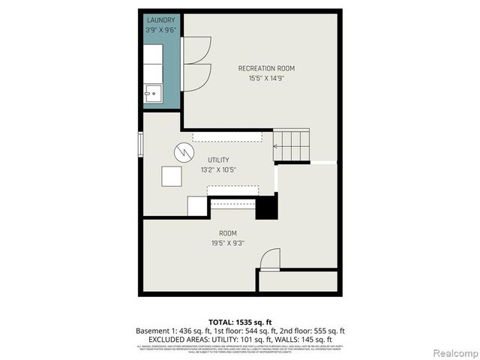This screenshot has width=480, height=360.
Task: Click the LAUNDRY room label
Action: pos(161,20)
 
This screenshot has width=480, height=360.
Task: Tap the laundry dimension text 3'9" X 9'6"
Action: pos(161,30)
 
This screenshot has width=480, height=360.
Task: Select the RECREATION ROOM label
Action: pos(261,68)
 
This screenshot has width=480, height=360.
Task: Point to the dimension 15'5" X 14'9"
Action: pos(261,78)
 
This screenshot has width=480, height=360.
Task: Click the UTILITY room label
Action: pos(218,160)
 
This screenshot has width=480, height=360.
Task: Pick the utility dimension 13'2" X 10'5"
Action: pos(218,170)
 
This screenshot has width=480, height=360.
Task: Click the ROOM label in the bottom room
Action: pos(228,233)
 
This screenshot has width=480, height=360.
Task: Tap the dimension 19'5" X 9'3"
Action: pos(228,243)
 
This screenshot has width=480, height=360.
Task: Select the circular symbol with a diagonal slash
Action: pos(184,152)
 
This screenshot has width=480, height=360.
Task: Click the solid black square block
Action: pos(266,206)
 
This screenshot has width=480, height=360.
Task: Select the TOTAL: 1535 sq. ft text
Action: pos(239,321)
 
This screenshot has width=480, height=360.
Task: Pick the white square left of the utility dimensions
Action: pos(172,175)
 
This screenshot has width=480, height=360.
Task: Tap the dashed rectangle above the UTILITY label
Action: pos(226,136)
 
